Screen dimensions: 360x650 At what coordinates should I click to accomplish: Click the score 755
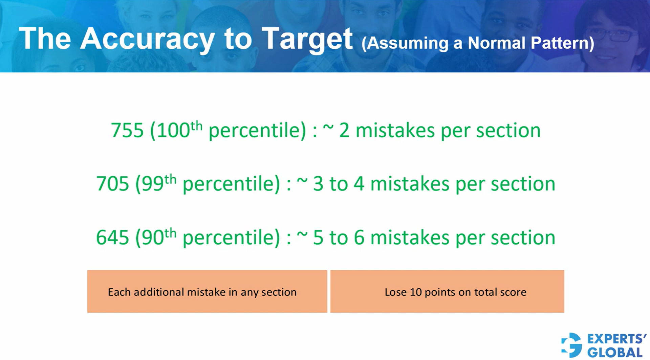tap(127, 130)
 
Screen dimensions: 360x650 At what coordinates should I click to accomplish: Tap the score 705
tap(113, 184)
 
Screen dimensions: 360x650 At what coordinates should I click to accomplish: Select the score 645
tap(113, 237)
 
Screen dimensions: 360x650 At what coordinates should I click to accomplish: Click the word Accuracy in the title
tap(147, 39)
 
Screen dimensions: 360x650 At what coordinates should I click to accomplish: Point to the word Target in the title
tap(307, 39)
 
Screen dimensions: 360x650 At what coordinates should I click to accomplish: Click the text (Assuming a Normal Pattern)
tap(478, 43)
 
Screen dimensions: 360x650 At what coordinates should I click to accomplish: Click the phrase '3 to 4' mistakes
tap(339, 184)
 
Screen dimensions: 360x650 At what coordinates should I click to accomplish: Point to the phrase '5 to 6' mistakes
tap(339, 237)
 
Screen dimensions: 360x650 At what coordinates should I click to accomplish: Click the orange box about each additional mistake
tap(207, 291)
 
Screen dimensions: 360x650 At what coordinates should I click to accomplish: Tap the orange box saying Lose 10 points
tap(447, 291)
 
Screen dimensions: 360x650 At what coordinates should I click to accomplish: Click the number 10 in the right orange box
tap(415, 292)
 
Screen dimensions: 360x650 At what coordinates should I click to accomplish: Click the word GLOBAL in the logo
tap(615, 352)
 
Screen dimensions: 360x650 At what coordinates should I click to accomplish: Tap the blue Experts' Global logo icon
tap(572, 345)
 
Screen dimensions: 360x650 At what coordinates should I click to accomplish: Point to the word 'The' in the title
tap(45, 39)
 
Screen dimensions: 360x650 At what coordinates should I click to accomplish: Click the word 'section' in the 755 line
tap(508, 130)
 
